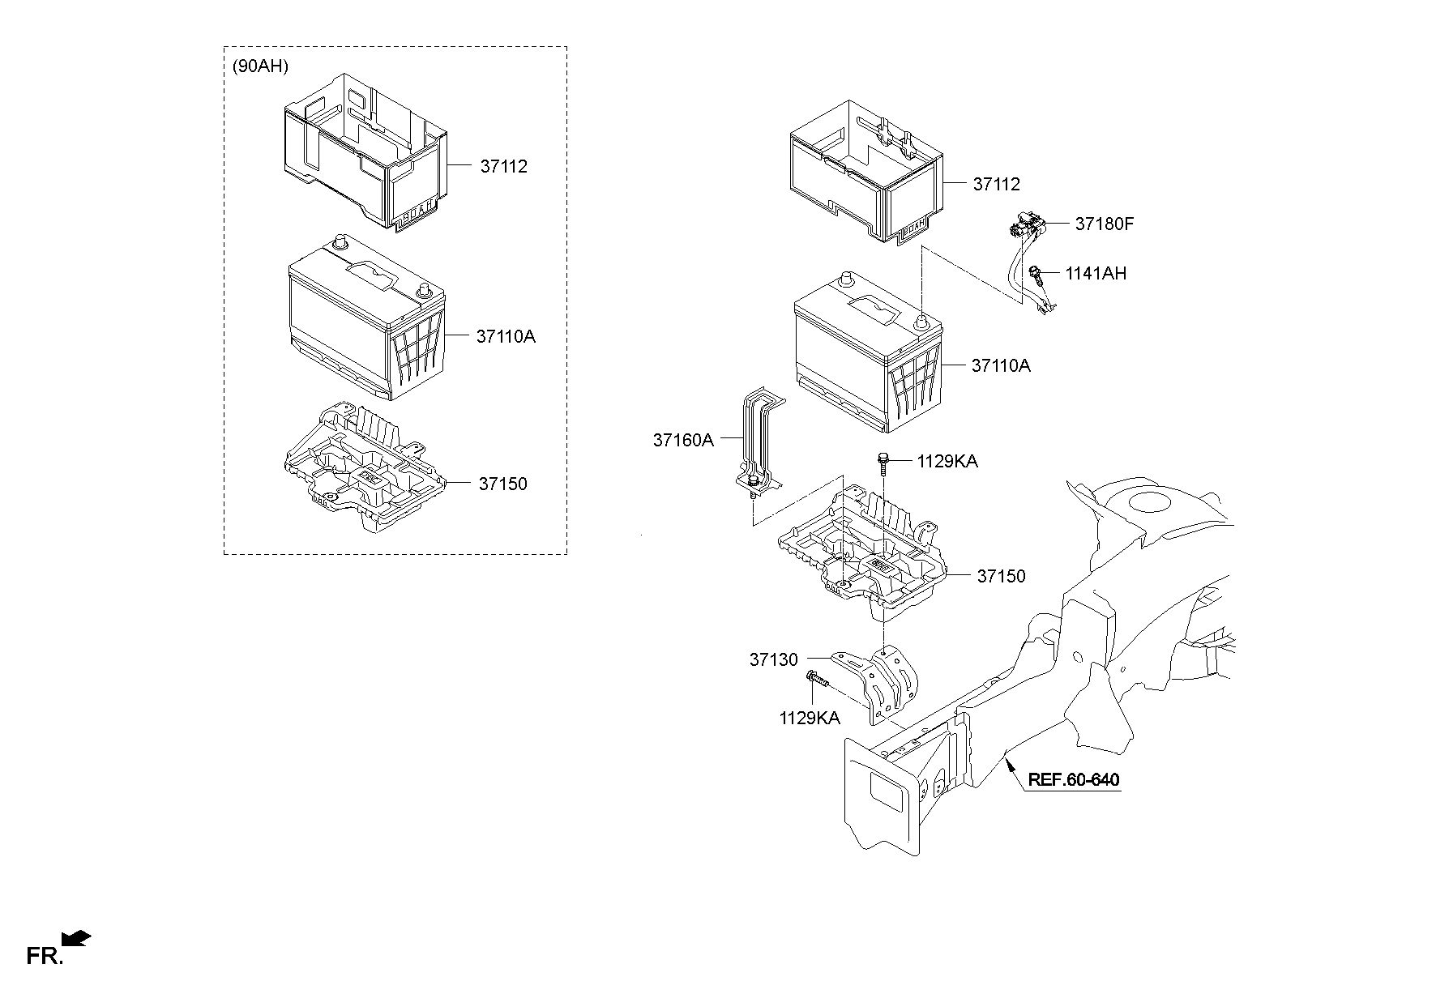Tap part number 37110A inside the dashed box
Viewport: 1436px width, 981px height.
pos(505,336)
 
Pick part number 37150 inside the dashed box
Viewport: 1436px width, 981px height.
pos(502,484)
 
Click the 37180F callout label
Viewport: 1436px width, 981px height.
pos(1104,224)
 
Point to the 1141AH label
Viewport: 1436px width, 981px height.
pos(1095,273)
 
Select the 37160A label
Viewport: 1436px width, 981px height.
pos(682,440)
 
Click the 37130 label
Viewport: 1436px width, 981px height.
pos(773,660)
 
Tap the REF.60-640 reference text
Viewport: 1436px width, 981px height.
pos(1073,780)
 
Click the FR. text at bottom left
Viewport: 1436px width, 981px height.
pos(44,956)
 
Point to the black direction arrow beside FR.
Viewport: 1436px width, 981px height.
pos(78,939)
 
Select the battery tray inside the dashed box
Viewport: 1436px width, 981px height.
pos(362,468)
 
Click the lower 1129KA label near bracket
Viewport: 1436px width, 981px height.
pos(809,718)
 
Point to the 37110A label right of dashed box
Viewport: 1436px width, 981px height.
pos(1001,366)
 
